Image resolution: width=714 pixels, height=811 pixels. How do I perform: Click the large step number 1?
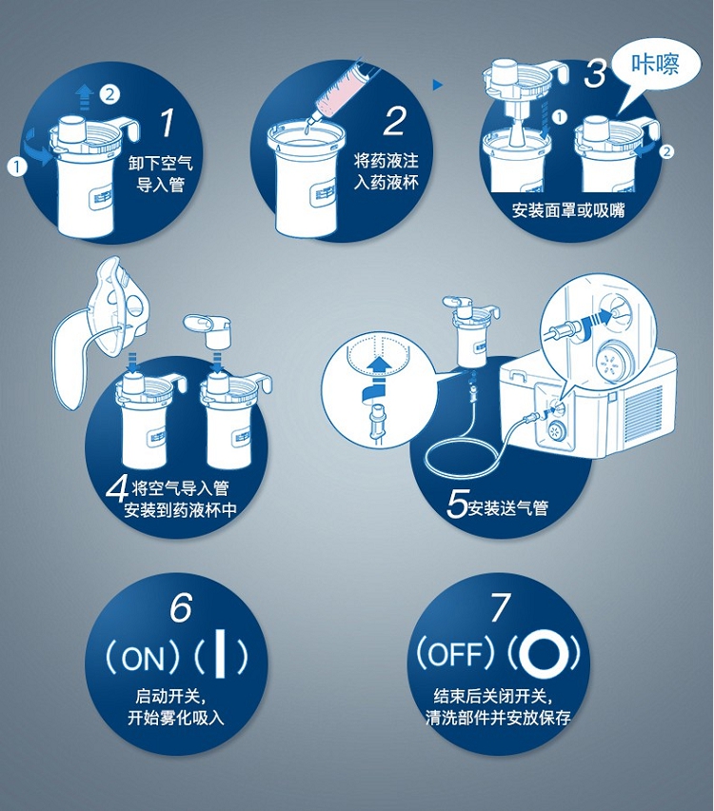point(168,123)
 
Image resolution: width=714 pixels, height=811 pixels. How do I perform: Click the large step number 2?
point(396,120)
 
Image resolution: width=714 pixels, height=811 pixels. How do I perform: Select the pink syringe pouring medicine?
point(340,88)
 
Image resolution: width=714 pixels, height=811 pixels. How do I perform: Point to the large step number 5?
point(457,503)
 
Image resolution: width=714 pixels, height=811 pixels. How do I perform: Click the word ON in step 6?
point(143,658)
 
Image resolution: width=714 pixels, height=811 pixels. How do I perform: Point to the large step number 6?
point(181,606)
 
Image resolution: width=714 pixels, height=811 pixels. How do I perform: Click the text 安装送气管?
point(507,507)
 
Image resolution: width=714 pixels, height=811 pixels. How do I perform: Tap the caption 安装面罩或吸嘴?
point(568,210)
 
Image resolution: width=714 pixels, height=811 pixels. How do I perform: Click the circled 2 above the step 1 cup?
point(109,93)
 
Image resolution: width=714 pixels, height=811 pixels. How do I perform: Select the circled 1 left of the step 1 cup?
point(17,168)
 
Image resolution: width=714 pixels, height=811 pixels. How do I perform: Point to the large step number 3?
point(595,73)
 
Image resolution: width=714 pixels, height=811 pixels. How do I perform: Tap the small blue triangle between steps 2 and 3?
point(438,85)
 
